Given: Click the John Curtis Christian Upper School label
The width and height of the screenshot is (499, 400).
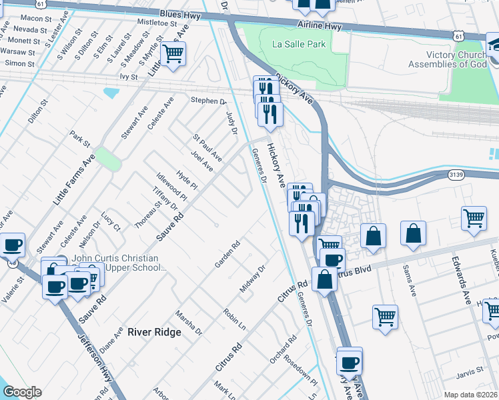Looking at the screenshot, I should [115, 263].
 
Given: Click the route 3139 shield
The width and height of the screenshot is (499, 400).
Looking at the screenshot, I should [456, 175].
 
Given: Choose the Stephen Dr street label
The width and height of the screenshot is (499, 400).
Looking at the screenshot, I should [209, 101].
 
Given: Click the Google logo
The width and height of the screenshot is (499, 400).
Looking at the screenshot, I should [21, 392].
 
